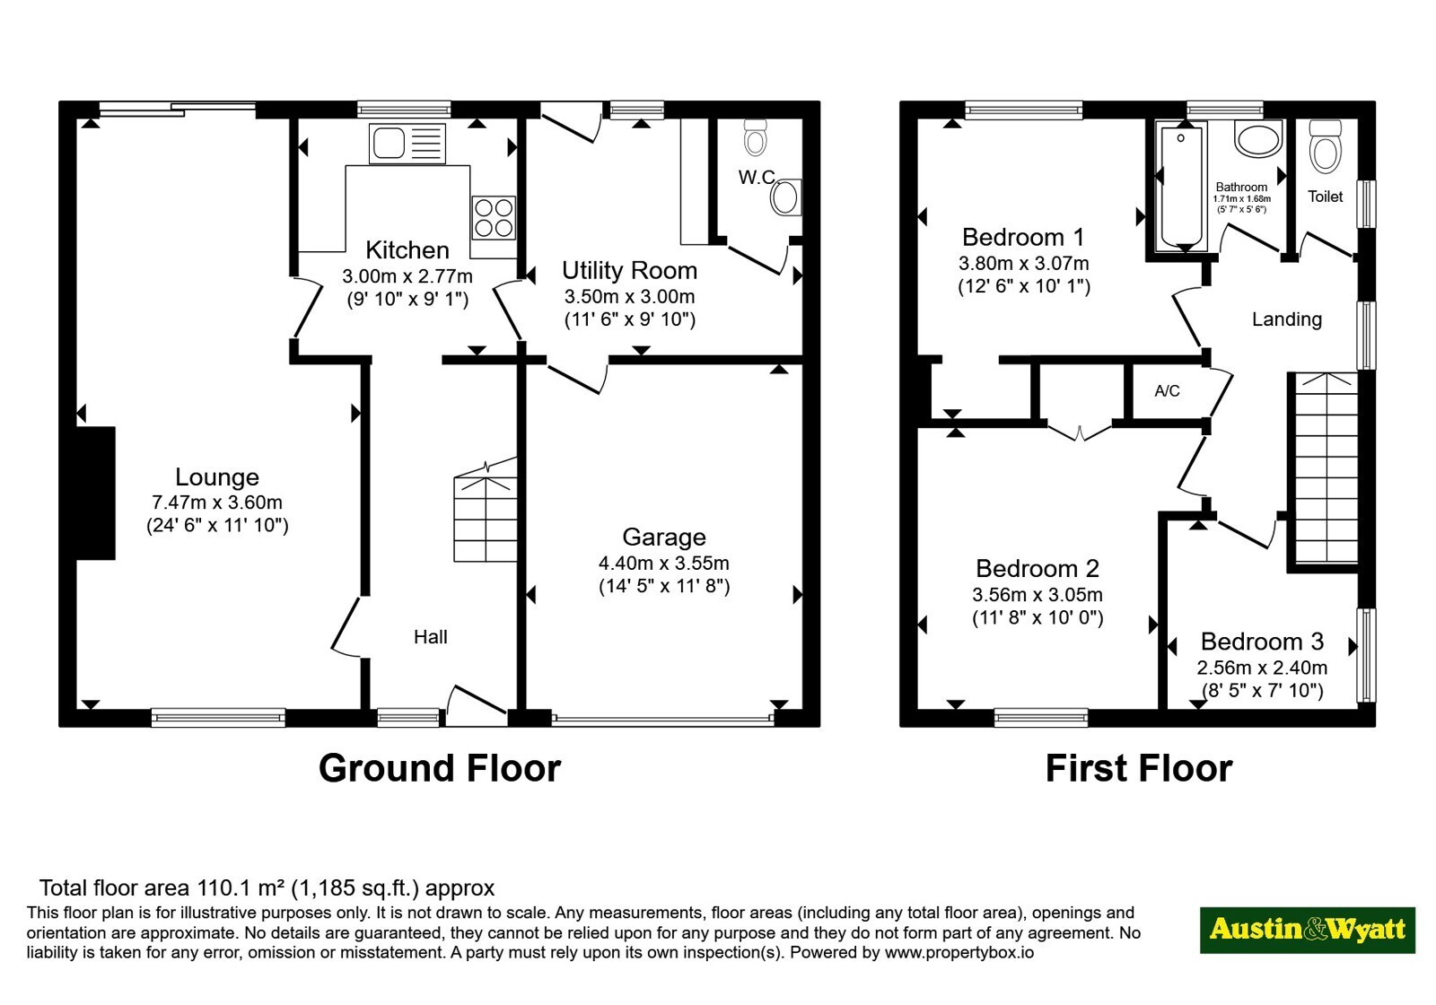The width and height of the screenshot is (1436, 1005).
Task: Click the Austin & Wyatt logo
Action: click(1307, 930)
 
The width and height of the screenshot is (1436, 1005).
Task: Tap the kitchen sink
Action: click(407, 143)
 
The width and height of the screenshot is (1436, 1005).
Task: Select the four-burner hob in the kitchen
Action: click(494, 218)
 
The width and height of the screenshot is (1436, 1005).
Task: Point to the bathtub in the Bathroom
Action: click(1181, 187)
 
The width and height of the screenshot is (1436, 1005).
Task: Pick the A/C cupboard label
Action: click(1167, 391)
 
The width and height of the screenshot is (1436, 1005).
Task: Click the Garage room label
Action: click(664, 537)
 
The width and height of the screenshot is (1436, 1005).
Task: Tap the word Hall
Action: click(430, 636)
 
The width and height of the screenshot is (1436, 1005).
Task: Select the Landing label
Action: click(1287, 319)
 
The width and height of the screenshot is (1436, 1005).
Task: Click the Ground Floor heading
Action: click(440, 768)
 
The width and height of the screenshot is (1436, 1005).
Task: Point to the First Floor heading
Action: click(1139, 768)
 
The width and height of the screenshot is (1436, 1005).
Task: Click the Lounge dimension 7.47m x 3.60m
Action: click(216, 502)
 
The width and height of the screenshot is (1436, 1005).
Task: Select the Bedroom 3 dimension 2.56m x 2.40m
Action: click(1262, 668)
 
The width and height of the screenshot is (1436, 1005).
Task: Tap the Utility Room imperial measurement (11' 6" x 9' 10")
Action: click(629, 319)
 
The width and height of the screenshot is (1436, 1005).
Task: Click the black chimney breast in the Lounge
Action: click(95, 493)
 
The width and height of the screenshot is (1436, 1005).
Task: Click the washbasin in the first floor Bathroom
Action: click(1258, 139)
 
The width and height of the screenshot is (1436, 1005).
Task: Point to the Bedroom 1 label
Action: click(1023, 237)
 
